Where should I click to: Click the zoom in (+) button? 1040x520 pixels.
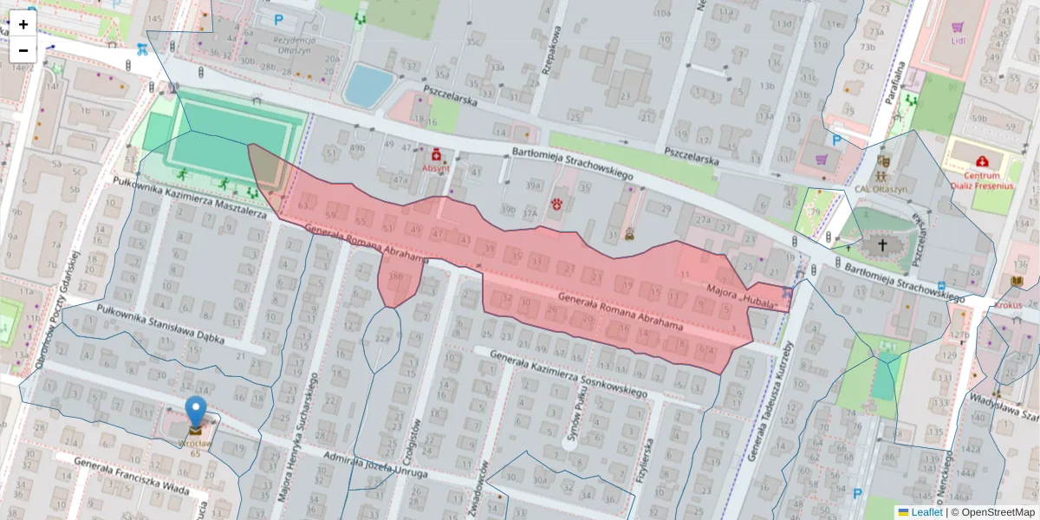[x=23, y=24]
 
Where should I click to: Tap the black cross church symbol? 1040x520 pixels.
[x=882, y=245]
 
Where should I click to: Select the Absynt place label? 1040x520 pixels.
[x=436, y=168]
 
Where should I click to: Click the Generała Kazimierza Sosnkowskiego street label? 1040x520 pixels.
[x=569, y=375]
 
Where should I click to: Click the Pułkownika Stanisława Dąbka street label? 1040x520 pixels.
[x=162, y=325]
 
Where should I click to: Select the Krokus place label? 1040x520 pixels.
[x=1008, y=305]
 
